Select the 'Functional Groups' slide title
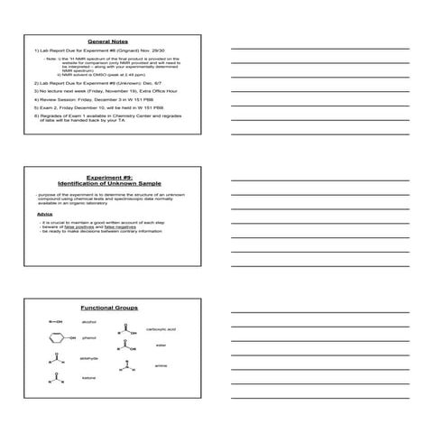(x=107, y=309)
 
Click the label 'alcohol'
(x=88, y=322)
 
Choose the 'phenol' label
(x=88, y=338)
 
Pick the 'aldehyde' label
(x=89, y=358)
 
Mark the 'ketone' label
(x=88, y=378)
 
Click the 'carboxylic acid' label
(x=161, y=329)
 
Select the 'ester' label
(x=161, y=345)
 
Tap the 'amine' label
(x=161, y=365)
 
